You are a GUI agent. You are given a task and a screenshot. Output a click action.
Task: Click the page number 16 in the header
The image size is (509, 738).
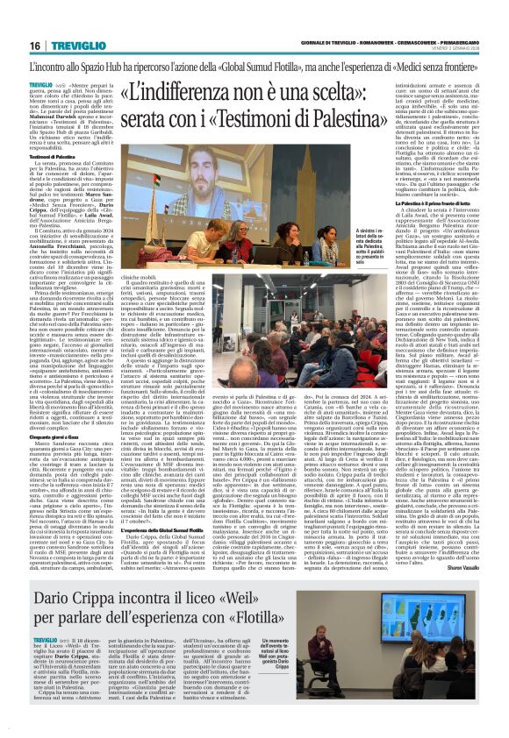[x=34, y=46]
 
